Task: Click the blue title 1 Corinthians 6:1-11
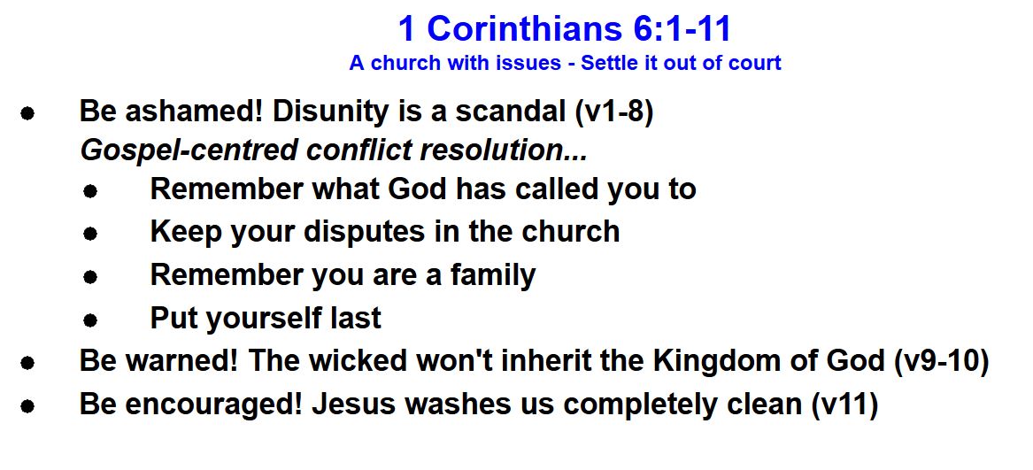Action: pyautogui.click(x=565, y=29)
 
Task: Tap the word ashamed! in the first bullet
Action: pyautogui.click(x=195, y=112)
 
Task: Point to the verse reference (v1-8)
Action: pyautogui.click(x=613, y=112)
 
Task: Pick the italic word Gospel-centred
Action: pyautogui.click(x=189, y=151)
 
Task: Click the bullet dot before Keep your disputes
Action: pyautogui.click(x=90, y=234)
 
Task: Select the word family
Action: pyautogui.click(x=493, y=275)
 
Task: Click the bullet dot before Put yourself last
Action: pyautogui.click(x=90, y=321)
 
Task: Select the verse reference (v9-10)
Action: pyautogui.click(x=942, y=362)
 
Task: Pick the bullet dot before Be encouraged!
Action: pyautogui.click(x=27, y=407)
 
